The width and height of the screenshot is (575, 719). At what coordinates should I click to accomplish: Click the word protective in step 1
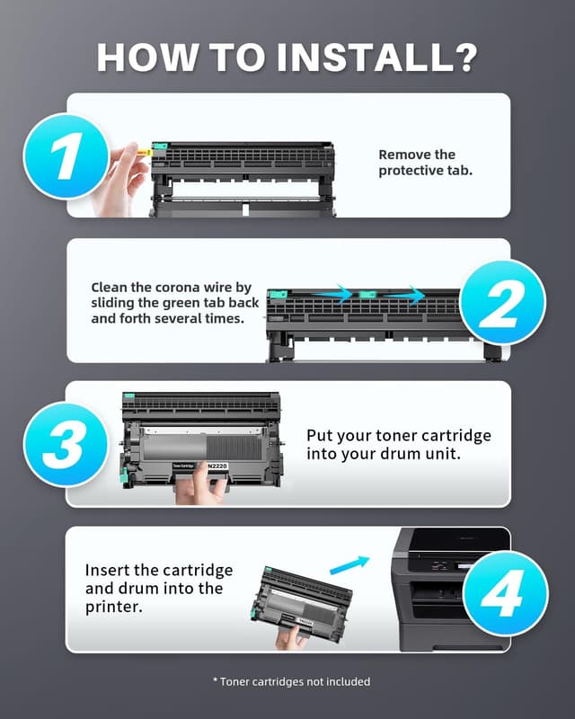[410, 171]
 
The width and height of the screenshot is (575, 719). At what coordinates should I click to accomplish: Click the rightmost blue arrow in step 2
[412, 293]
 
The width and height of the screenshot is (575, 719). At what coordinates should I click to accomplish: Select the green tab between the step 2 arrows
[367, 294]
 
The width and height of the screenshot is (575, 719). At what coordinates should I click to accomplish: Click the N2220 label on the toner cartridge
[216, 466]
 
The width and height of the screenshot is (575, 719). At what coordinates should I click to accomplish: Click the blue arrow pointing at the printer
[349, 564]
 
